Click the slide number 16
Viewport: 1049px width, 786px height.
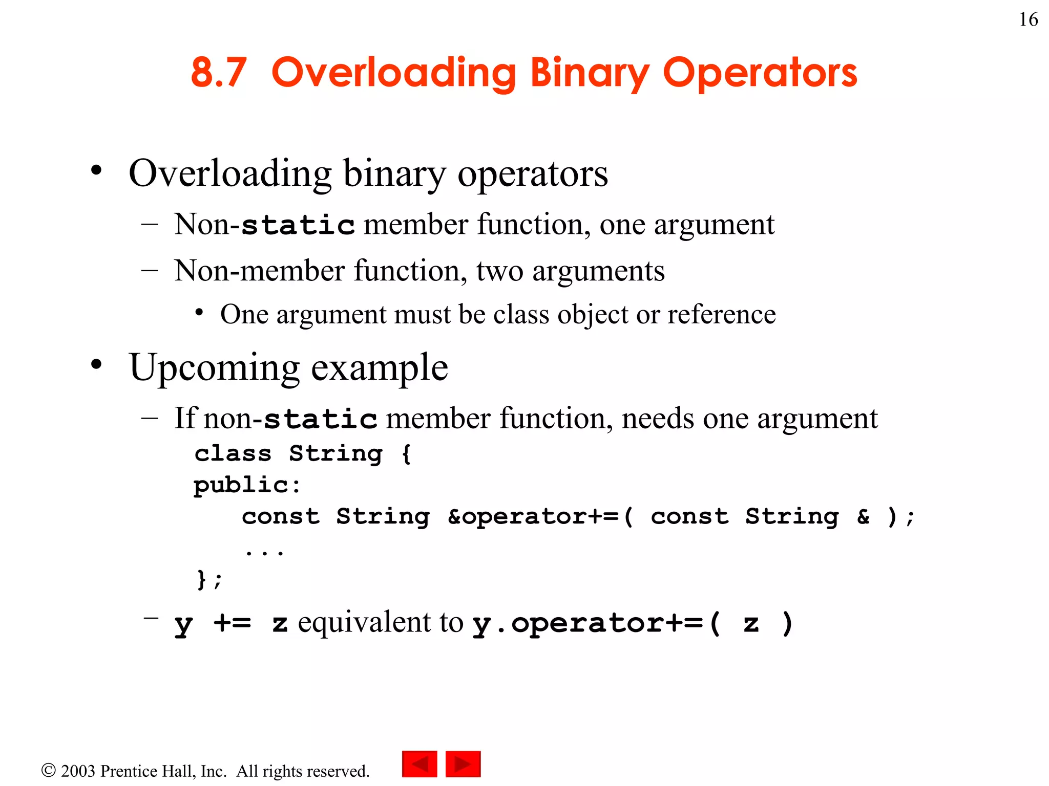(x=1028, y=20)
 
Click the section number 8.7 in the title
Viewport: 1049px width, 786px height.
(x=219, y=73)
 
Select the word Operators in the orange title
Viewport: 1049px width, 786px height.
(x=760, y=73)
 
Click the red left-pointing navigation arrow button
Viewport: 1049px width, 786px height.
(x=419, y=764)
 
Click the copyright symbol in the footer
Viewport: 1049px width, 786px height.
(x=48, y=770)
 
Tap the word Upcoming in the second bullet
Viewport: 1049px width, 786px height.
(x=215, y=368)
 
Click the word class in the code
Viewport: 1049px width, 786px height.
(x=233, y=453)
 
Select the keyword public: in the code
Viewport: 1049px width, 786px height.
(x=247, y=485)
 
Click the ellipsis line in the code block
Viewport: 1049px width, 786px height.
(x=264, y=552)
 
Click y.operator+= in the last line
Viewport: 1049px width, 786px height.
(x=588, y=623)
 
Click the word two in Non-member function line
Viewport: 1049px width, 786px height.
(x=499, y=271)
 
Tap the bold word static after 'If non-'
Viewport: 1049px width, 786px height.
(x=321, y=419)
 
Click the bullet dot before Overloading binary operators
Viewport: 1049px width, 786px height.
(x=96, y=170)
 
